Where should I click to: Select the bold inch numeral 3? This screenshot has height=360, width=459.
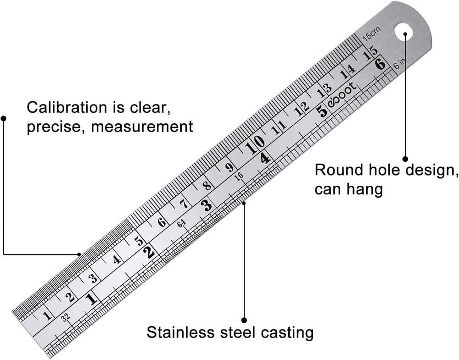(207, 205)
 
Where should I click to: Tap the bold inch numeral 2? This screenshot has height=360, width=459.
(148, 252)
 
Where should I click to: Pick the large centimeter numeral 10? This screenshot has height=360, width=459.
(254, 148)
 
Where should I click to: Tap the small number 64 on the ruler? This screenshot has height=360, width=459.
(181, 223)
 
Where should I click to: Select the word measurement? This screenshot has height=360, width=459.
(142, 126)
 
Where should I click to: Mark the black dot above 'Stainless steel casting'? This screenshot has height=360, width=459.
(244, 320)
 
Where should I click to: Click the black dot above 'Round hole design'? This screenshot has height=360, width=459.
(405, 158)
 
